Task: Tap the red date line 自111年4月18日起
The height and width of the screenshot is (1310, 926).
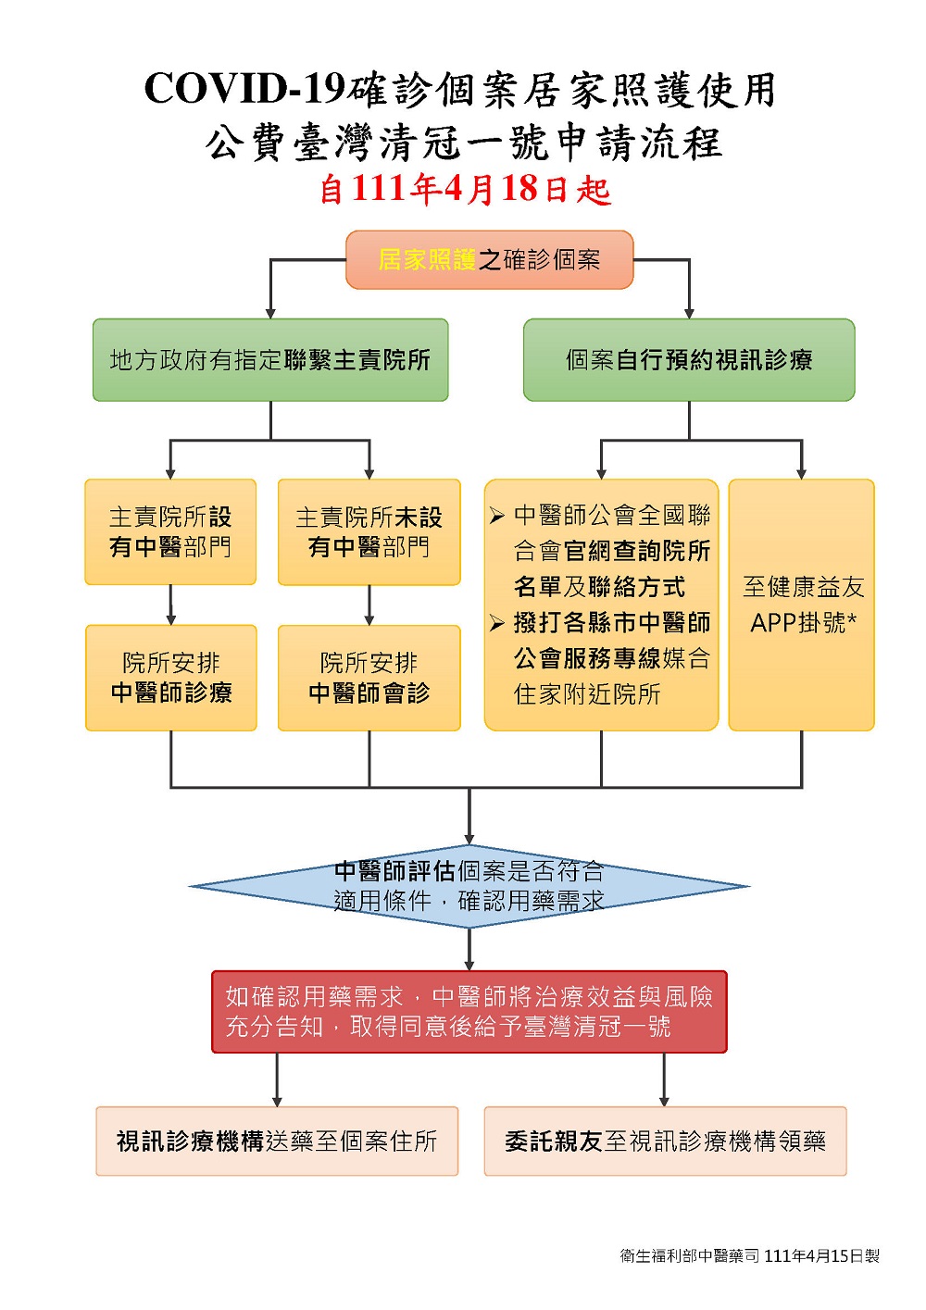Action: [x=464, y=189]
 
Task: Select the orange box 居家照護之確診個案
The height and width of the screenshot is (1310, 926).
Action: [x=489, y=260]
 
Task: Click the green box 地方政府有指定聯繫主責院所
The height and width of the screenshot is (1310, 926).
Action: [x=270, y=360]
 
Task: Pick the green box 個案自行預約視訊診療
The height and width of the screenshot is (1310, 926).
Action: [x=689, y=360]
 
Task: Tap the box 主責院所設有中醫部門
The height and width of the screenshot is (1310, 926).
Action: [x=170, y=532]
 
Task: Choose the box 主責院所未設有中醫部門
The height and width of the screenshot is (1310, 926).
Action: [x=369, y=532]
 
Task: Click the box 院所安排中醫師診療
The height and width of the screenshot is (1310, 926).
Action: [x=171, y=678]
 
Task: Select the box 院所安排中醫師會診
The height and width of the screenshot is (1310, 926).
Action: [x=369, y=678]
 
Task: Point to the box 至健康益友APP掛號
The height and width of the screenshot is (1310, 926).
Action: [x=802, y=605]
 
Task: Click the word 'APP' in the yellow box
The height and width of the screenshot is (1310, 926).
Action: [x=774, y=623]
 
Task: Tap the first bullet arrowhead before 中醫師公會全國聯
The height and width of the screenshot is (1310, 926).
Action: [x=497, y=516]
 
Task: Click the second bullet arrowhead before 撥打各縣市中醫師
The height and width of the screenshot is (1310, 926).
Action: [x=497, y=623]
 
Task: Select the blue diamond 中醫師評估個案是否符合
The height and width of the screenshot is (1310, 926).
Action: [x=469, y=886]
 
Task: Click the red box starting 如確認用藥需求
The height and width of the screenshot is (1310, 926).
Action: [x=469, y=1012]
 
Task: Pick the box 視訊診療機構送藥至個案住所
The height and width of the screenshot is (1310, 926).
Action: [x=277, y=1142]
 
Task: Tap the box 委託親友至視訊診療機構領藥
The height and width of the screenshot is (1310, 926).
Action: [x=665, y=1142]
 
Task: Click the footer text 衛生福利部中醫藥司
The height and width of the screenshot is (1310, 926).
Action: [x=689, y=1256]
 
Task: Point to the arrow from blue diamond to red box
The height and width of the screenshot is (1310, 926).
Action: [x=469, y=950]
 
